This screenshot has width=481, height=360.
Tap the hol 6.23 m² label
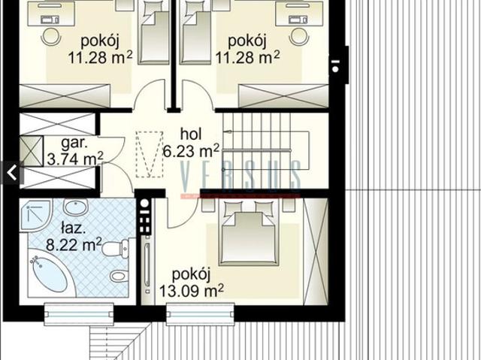[191, 143]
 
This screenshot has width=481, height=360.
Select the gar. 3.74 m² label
[75, 151]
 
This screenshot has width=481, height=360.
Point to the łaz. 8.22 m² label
[74, 237]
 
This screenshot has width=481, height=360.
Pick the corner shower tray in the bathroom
[35, 215]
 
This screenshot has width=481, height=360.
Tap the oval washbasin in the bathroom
[75, 207]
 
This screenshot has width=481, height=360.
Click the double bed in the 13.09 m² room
[249, 233]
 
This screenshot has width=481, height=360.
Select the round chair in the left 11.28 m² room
[50, 37]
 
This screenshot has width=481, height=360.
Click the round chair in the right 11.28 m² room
[299, 37]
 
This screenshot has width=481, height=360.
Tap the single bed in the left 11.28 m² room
[153, 32]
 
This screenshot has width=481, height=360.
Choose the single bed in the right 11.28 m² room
[195, 32]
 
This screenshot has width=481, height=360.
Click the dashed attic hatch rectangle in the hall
[150, 154]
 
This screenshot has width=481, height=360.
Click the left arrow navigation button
[12, 173]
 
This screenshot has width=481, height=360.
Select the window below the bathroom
[79, 314]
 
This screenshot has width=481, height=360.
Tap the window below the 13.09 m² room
[201, 314]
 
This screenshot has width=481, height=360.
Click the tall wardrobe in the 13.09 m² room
[316, 252]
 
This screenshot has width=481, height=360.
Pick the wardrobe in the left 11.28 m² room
[65, 95]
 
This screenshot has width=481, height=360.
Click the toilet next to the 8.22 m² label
[115, 248]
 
